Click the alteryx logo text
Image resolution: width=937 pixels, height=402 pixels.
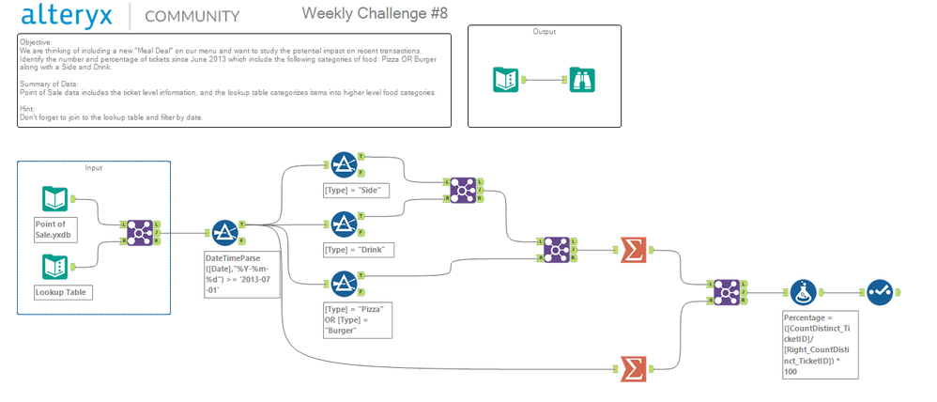(x=70, y=15)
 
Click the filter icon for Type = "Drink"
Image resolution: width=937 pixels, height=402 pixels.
(x=344, y=225)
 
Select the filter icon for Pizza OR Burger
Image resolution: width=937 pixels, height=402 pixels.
(x=344, y=285)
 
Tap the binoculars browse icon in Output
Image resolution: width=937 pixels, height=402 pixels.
(x=582, y=80)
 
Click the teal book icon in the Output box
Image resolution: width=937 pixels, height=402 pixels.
(x=507, y=80)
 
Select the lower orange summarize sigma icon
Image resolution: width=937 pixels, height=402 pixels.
(x=635, y=370)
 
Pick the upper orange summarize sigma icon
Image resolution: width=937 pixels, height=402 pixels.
(x=635, y=250)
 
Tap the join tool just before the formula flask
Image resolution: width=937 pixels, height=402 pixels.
(x=727, y=293)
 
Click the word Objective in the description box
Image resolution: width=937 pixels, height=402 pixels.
(x=36, y=42)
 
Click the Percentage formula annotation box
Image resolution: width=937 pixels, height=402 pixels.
(x=821, y=345)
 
